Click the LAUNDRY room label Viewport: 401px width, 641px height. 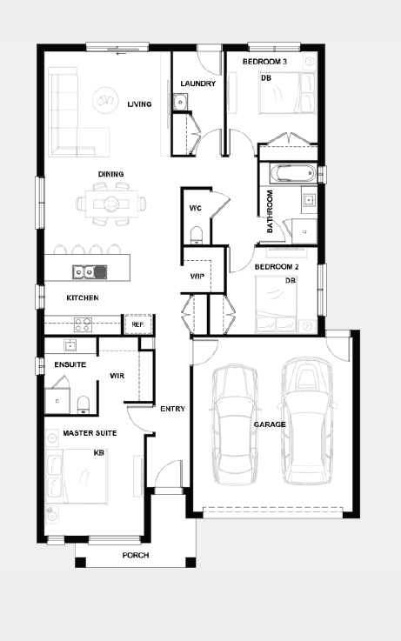(x=197, y=83)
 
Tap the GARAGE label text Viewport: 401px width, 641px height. (x=270, y=424)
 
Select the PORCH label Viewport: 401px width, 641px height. (x=136, y=555)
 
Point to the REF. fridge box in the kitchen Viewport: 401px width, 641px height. (x=138, y=324)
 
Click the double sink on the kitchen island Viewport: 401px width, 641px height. (x=90, y=272)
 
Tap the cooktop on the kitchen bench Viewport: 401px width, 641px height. (x=83, y=324)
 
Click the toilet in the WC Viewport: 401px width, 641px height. (x=197, y=235)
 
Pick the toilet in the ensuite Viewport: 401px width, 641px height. (x=84, y=404)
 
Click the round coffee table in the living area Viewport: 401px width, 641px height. (x=105, y=100)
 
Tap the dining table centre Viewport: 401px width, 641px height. (x=111, y=204)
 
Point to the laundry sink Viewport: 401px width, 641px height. (x=179, y=102)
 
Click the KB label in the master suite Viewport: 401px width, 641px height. (x=99, y=453)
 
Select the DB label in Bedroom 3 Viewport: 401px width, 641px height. (x=266, y=77)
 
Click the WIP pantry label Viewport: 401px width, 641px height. (x=197, y=277)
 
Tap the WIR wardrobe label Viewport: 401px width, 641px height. (x=117, y=376)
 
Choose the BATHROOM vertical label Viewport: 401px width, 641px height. (x=270, y=211)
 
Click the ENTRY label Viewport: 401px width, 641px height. (x=172, y=409)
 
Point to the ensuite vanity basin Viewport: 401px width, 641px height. (x=70, y=345)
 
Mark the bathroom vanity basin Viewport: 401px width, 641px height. (x=309, y=200)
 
